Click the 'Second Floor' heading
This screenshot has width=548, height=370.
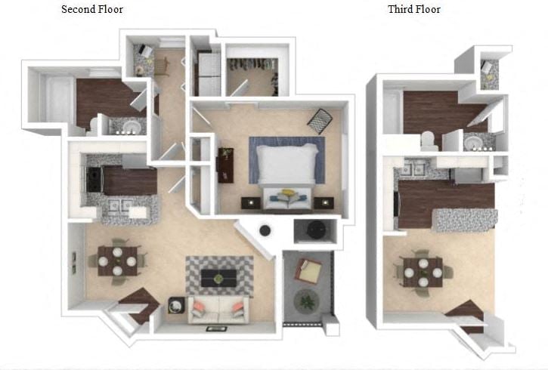(x=92, y=9)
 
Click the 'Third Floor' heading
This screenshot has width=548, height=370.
(x=414, y=9)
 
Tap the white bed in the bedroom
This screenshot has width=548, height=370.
(x=287, y=164)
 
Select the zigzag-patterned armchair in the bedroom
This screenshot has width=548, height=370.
(x=320, y=121)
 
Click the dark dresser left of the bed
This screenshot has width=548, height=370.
(x=226, y=165)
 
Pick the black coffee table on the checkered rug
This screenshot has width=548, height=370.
(x=218, y=278)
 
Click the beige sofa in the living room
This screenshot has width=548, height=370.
(x=218, y=310)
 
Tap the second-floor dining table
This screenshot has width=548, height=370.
(x=117, y=261)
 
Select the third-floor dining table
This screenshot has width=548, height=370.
(x=423, y=273)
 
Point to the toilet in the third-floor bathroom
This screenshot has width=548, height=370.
(x=429, y=140)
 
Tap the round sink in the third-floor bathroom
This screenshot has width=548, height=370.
(x=476, y=143)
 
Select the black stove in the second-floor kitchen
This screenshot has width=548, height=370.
(x=94, y=180)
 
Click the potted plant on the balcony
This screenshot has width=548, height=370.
(x=307, y=301)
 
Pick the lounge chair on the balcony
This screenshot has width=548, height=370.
(x=308, y=271)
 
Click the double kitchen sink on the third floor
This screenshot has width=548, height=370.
(x=413, y=169)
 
